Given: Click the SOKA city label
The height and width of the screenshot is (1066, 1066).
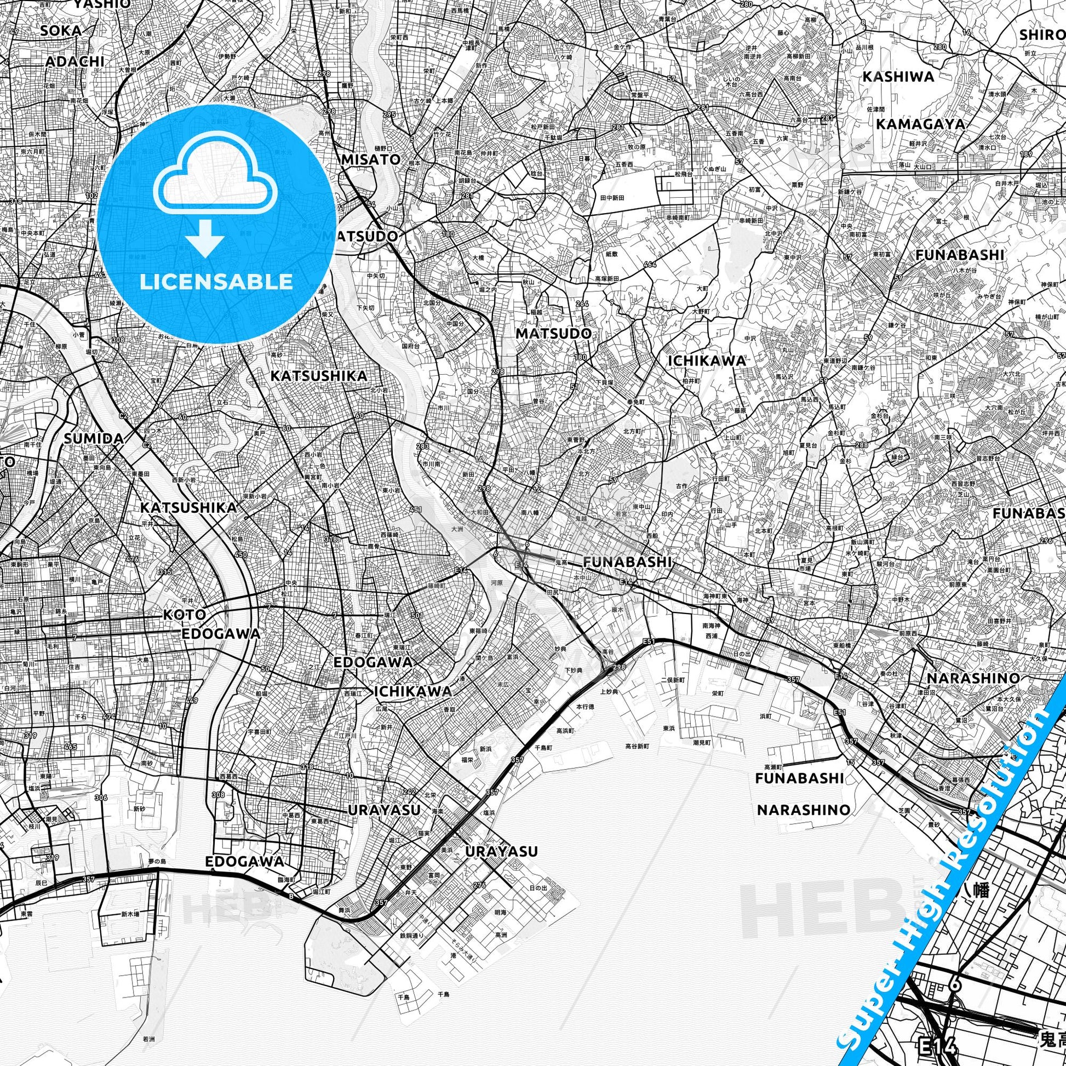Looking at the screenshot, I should click(x=61, y=30).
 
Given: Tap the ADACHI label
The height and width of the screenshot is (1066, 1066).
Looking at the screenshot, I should click(x=75, y=61).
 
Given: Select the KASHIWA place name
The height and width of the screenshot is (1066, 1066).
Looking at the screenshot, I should click(x=898, y=77).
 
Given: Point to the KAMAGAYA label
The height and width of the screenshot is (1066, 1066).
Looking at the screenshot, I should click(x=920, y=124).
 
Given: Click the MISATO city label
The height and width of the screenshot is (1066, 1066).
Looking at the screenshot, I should click(x=371, y=159).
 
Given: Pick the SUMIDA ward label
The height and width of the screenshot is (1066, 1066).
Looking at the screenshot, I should click(x=93, y=439).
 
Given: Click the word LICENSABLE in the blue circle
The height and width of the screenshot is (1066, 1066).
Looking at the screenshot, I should click(x=216, y=282).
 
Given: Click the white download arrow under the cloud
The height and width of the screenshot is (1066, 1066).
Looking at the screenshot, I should click(x=205, y=238).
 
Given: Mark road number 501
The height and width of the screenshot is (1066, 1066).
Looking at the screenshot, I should click(x=416, y=616).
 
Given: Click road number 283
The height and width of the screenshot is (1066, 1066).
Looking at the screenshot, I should click(x=423, y=446).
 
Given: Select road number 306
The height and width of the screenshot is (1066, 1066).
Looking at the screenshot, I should click(x=101, y=798).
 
